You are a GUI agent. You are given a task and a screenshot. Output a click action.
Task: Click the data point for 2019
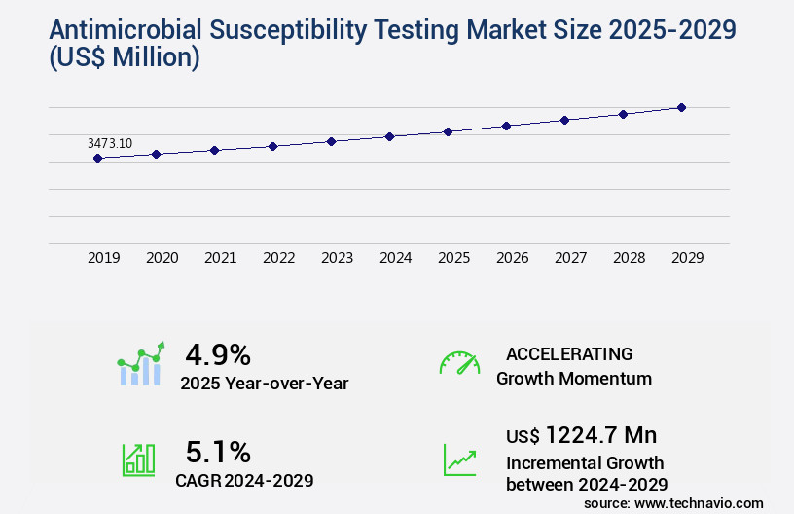pos(97,158)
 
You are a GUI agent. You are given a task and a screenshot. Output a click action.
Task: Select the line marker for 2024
pos(389,136)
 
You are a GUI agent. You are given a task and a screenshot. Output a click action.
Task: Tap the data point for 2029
pos(681,107)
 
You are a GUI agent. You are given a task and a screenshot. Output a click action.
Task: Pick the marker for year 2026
pos(506,126)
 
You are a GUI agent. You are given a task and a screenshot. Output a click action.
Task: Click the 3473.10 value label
pos(110,143)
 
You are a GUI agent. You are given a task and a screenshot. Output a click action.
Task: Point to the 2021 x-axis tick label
pos(221,258)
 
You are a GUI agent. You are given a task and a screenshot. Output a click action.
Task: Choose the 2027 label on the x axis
pos(571,258)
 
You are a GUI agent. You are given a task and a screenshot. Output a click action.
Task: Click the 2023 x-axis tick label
pos(338,258)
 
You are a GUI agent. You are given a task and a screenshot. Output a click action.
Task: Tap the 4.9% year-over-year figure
pos(218,353)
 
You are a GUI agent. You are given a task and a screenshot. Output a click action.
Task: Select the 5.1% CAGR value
pos(218,452)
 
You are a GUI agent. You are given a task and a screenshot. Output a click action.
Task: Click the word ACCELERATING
pos(569,353)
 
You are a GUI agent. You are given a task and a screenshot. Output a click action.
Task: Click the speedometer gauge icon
pos(459,363)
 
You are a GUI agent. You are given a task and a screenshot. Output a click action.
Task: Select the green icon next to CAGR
pos(138,459)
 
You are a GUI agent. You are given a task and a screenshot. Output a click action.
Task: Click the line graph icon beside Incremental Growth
pos(459,459)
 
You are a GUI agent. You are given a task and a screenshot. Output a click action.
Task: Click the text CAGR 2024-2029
pos(244,480)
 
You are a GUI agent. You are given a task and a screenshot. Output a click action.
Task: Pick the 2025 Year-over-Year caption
pos(264,384)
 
